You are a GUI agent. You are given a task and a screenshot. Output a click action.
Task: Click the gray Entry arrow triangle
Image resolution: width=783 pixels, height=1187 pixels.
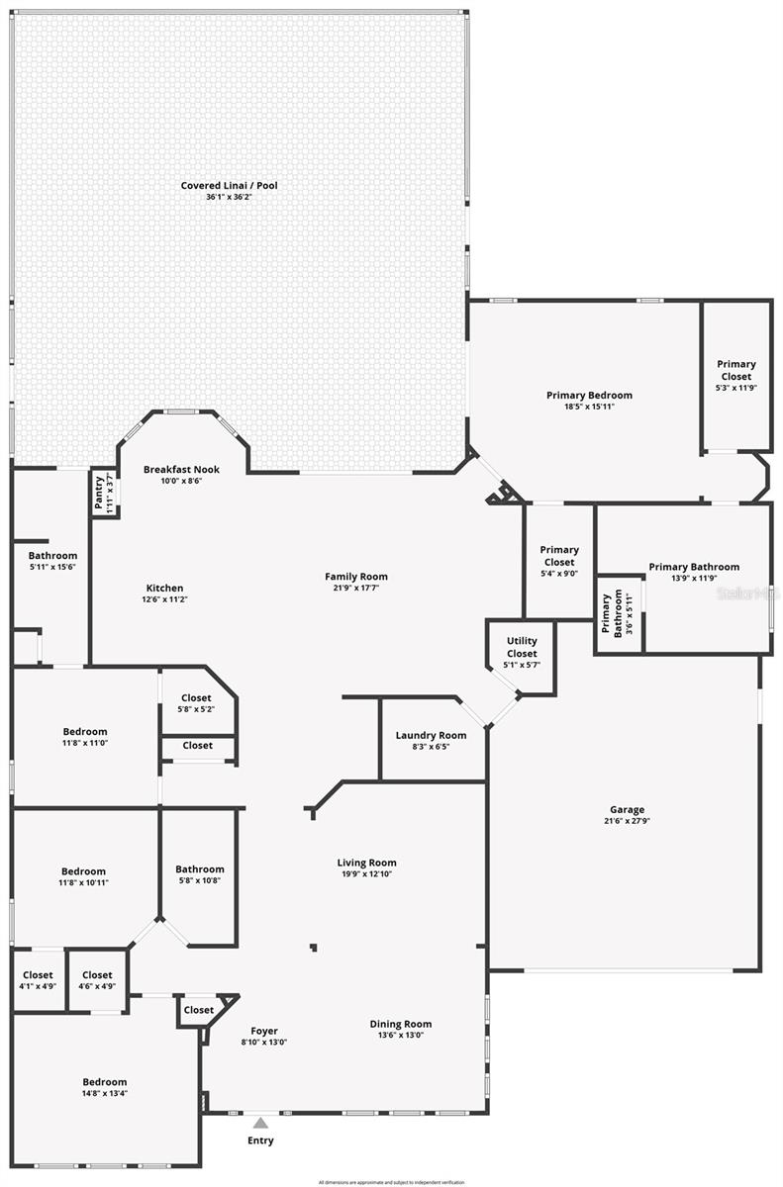coord(259,1123)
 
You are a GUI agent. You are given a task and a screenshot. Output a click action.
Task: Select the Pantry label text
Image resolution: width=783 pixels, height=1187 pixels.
coord(99,492)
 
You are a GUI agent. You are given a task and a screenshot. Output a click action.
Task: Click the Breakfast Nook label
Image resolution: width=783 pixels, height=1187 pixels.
coord(181,469)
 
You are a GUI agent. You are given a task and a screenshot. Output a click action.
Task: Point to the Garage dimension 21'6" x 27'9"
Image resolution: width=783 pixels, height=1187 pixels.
coord(627,821)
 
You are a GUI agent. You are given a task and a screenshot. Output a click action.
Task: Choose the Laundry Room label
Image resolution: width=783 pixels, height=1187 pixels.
coord(431,735)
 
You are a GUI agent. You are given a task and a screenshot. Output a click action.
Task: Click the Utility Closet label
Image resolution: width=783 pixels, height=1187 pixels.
coord(522,648)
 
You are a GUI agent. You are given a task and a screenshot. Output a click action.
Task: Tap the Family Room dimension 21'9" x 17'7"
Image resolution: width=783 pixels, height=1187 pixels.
coord(356,588)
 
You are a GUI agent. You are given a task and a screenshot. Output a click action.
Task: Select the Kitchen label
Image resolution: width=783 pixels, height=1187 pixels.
coord(164,588)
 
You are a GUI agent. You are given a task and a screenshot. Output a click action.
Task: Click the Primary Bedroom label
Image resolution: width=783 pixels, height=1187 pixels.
coord(589,395)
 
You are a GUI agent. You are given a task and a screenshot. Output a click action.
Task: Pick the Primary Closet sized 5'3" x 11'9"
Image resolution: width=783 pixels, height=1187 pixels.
coord(735,370)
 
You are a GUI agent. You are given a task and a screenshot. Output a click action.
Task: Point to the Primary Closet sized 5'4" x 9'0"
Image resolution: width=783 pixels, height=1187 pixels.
coord(559,556)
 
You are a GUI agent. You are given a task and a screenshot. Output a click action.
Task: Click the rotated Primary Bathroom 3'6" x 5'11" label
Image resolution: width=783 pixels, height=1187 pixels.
coord(612,613)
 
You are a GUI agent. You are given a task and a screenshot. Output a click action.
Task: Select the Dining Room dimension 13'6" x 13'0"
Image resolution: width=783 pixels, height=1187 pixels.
coord(401,1036)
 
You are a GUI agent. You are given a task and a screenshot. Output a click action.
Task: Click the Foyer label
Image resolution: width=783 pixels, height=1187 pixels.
coord(263,1031)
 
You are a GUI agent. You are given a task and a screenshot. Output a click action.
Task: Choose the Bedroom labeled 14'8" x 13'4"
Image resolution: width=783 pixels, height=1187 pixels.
coord(104,1082)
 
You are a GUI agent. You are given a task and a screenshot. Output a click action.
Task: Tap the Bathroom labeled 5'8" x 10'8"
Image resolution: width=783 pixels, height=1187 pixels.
coord(200,869)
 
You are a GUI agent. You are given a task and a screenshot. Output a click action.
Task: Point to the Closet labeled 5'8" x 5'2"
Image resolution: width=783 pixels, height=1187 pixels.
coord(196,697)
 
